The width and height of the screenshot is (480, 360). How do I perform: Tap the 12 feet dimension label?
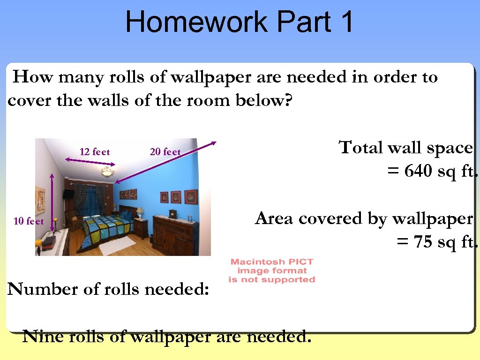click(x=95, y=152)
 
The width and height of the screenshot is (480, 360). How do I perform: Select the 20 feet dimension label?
click(x=165, y=152)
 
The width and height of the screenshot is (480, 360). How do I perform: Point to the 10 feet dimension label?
click(x=29, y=221)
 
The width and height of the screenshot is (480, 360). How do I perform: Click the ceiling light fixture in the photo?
click(x=108, y=172)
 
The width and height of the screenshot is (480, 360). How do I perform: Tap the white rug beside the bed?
click(x=118, y=245)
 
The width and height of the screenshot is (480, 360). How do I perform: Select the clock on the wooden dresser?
click(x=172, y=214)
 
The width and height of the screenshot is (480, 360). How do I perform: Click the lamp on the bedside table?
click(x=140, y=212)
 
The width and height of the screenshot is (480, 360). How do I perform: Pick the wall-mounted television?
click(x=68, y=194)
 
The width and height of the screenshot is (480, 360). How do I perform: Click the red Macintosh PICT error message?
click(x=272, y=271)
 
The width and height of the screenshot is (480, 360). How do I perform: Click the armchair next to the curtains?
click(x=74, y=220)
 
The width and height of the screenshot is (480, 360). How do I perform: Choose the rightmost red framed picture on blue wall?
click(x=191, y=197)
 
